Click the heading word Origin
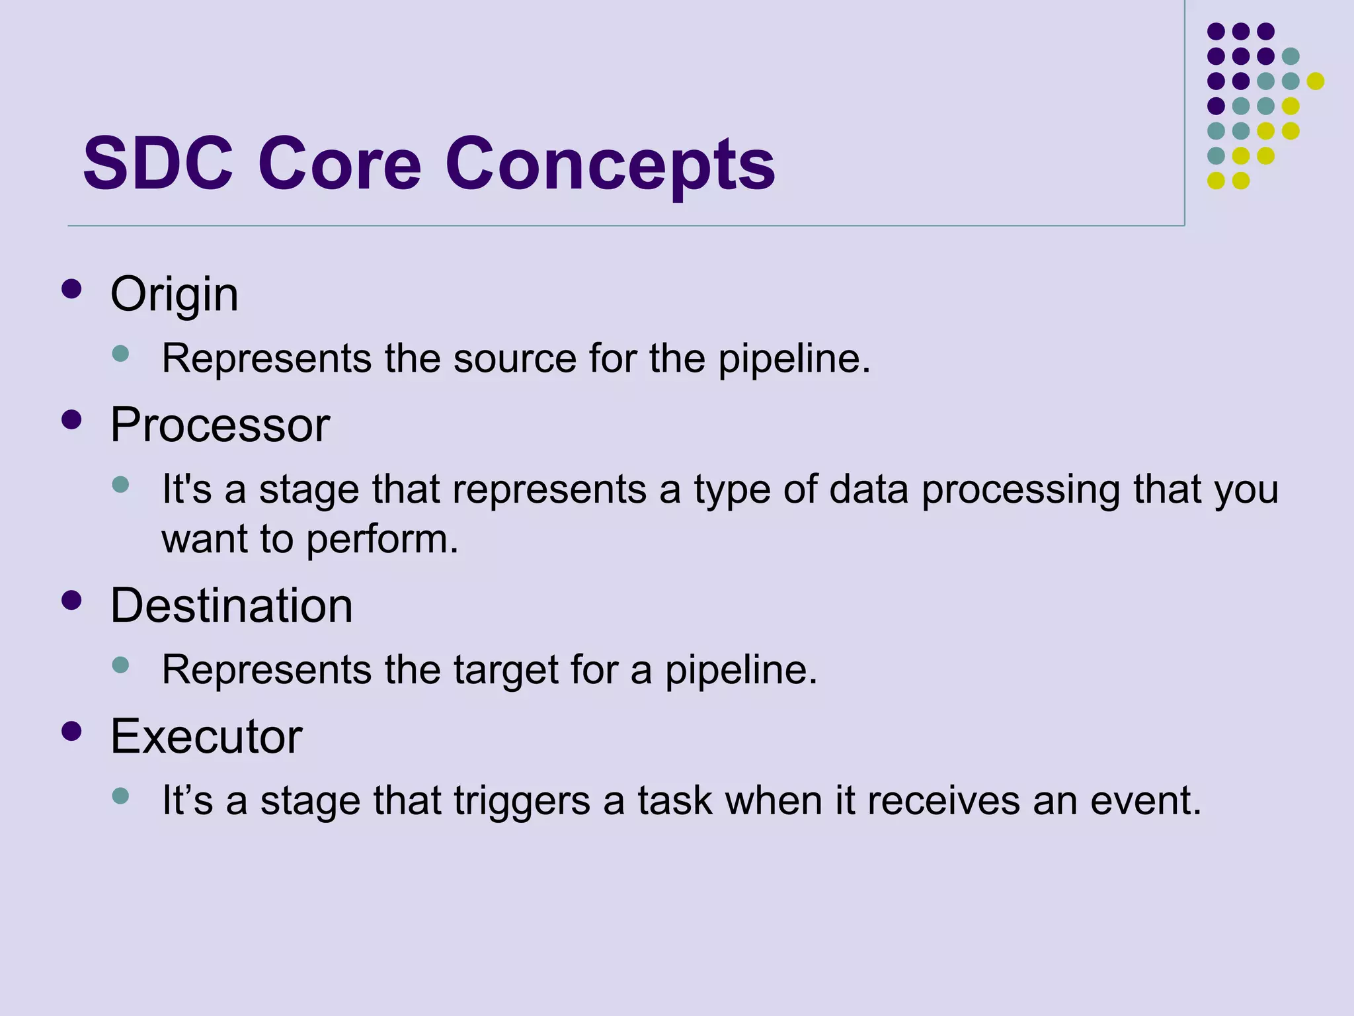click(174, 294)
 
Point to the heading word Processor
click(219, 425)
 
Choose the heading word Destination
click(231, 605)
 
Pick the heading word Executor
click(206, 736)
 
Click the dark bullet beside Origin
click(71, 288)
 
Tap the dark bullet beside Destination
click(71, 600)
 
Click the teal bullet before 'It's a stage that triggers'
click(120, 795)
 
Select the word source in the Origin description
click(514, 359)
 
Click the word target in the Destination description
click(506, 670)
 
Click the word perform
click(381, 540)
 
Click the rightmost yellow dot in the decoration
click(1315, 81)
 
